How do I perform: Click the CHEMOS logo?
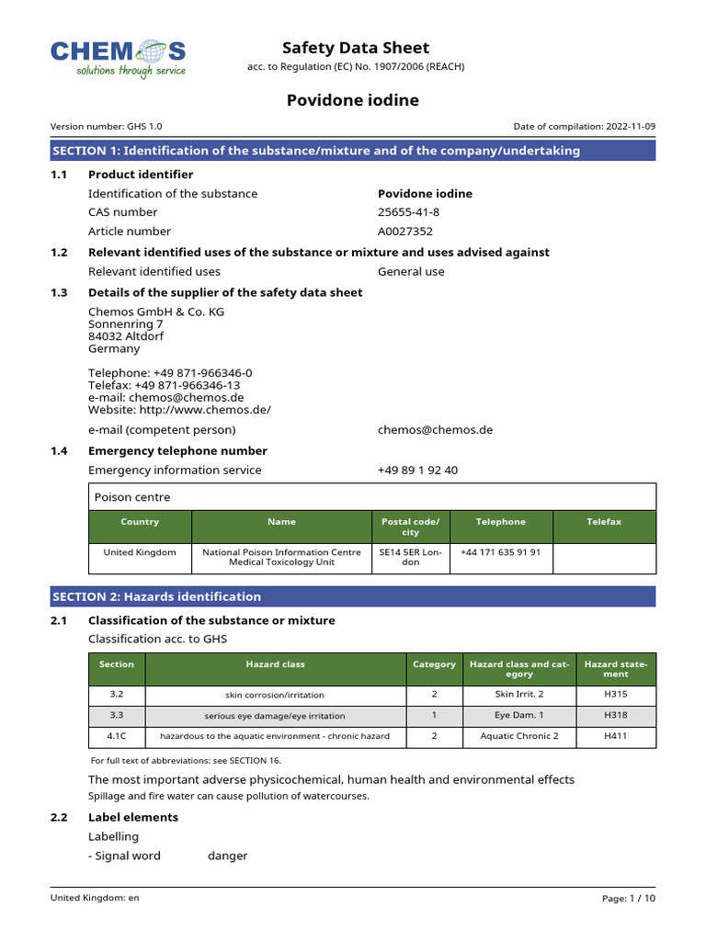pos(119,57)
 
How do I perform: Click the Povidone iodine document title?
pos(354,100)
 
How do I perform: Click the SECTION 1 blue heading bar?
pos(353,151)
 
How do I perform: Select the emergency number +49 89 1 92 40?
pos(417,470)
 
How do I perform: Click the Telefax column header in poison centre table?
pos(604,522)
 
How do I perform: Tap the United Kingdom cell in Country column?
pos(140,552)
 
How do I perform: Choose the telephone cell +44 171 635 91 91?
pos(501,552)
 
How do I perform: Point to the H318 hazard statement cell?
pos(616,715)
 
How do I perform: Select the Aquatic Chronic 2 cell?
pos(518,736)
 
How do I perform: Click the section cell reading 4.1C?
pos(116,736)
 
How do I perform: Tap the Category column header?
pos(434,664)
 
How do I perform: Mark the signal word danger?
pos(227,856)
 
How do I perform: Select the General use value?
pos(411,272)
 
